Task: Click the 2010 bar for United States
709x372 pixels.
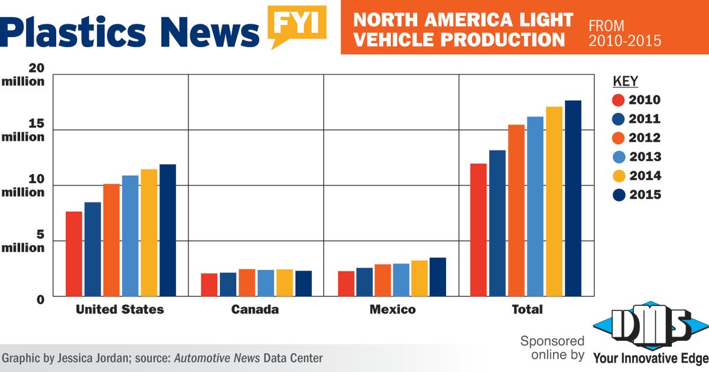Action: point(74,254)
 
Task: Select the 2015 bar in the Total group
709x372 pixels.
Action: point(573,198)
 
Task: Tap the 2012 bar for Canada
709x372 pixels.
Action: point(247,283)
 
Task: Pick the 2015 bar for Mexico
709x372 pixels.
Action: point(438,277)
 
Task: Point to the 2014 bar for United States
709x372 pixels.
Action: point(149,233)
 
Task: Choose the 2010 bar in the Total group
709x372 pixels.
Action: point(479,230)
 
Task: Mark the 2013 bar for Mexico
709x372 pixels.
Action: point(401,280)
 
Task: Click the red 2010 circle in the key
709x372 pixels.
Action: point(619,100)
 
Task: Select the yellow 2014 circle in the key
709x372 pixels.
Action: point(619,176)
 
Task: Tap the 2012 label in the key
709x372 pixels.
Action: point(645,138)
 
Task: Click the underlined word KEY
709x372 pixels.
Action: point(626,81)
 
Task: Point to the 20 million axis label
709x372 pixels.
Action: point(24,75)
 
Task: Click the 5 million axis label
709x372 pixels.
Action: point(24,241)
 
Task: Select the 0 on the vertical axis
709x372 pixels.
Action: point(40,300)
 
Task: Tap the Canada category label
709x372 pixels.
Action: point(255,309)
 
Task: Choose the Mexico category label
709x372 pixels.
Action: point(392,309)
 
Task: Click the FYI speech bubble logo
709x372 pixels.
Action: point(297,25)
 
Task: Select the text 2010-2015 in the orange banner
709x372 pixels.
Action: point(625,41)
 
